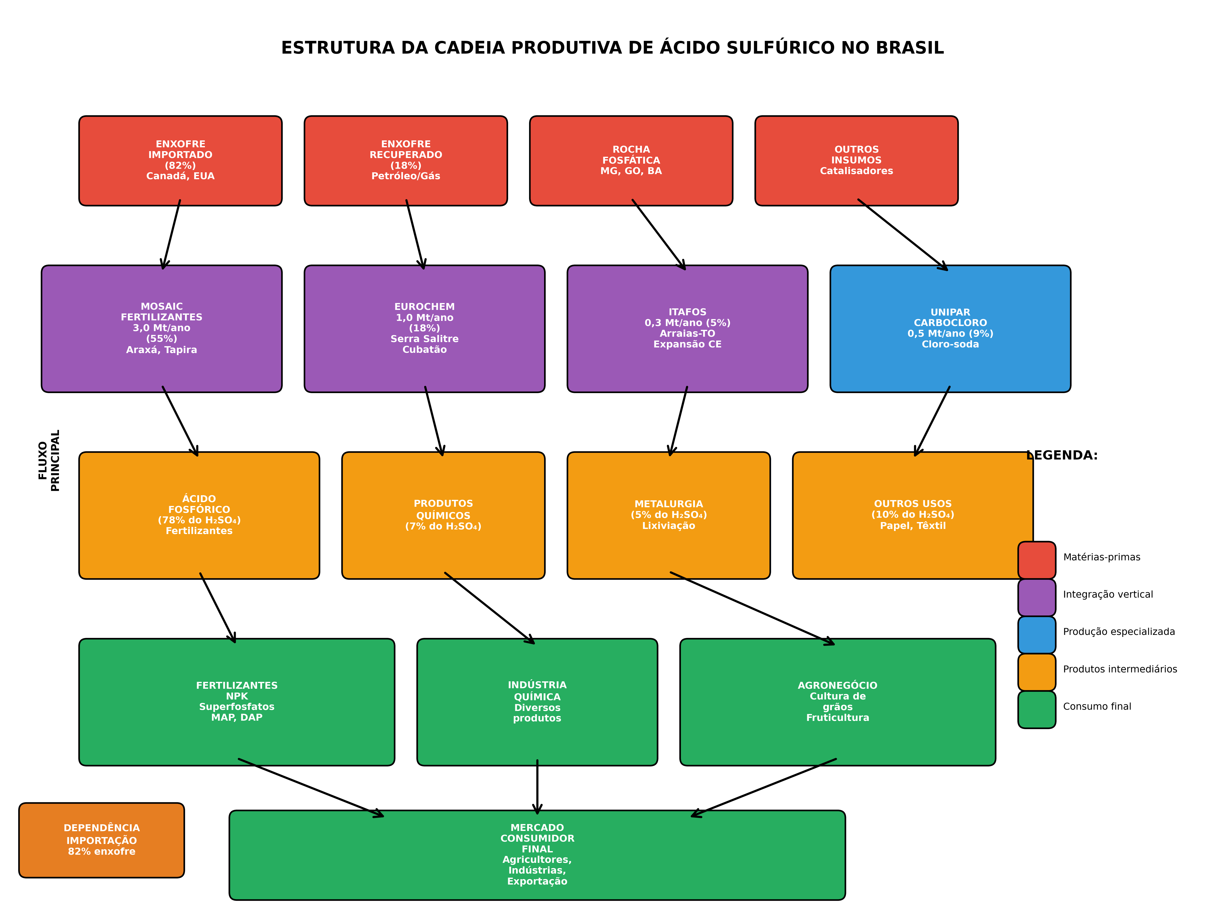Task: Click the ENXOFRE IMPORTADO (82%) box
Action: pyautogui.click(x=180, y=161)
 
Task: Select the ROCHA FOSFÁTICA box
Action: pyautogui.click(x=631, y=161)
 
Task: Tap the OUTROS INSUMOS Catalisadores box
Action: pyautogui.click(x=857, y=161)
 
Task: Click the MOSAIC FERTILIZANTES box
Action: pyautogui.click(x=162, y=329)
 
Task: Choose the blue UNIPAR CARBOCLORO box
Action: pyautogui.click(x=950, y=329)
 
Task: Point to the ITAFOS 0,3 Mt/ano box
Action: pyautogui.click(x=687, y=329)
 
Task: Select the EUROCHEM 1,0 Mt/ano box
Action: pyautogui.click(x=425, y=329)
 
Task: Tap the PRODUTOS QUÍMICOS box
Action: pyautogui.click(x=444, y=515)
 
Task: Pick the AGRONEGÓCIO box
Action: pyautogui.click(x=838, y=702)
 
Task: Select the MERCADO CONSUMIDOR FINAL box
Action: pyautogui.click(x=537, y=855)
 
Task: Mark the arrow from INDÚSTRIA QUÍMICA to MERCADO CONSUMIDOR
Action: pyautogui.click(x=537, y=787)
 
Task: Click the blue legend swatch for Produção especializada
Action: pyautogui.click(x=1037, y=635)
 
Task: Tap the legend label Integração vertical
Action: pyautogui.click(x=1108, y=594)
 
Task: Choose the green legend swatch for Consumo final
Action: pyautogui.click(x=1037, y=710)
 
